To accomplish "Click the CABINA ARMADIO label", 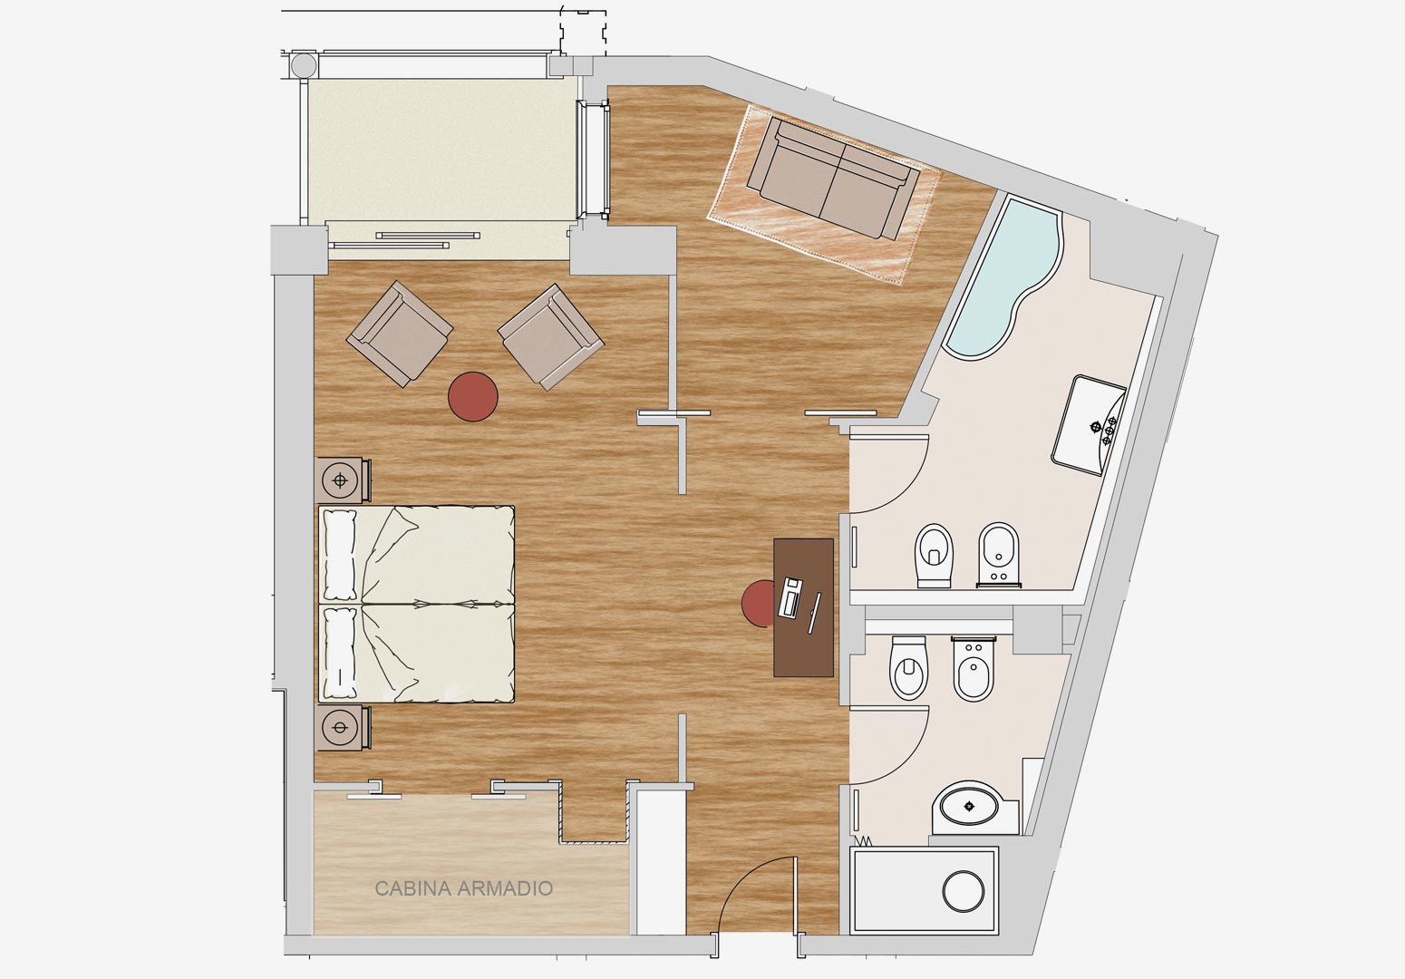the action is [x=463, y=888].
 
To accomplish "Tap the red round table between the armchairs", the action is [x=473, y=396].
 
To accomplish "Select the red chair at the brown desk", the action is [x=758, y=604].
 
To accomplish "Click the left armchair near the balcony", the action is [x=400, y=333].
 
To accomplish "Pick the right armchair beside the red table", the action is [x=551, y=337].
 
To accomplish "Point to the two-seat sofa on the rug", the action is [x=834, y=178].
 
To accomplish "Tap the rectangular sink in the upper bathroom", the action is [x=1090, y=425].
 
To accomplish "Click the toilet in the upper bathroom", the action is [x=934, y=556].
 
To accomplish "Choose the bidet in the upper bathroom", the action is [x=999, y=555].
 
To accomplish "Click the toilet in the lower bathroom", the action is [x=909, y=668].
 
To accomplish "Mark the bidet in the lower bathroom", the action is [x=974, y=669].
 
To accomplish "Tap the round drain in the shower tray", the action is [x=964, y=891].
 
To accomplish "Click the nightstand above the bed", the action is [x=344, y=480].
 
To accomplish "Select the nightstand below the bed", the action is [x=344, y=727].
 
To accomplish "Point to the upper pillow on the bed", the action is [x=340, y=555].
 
